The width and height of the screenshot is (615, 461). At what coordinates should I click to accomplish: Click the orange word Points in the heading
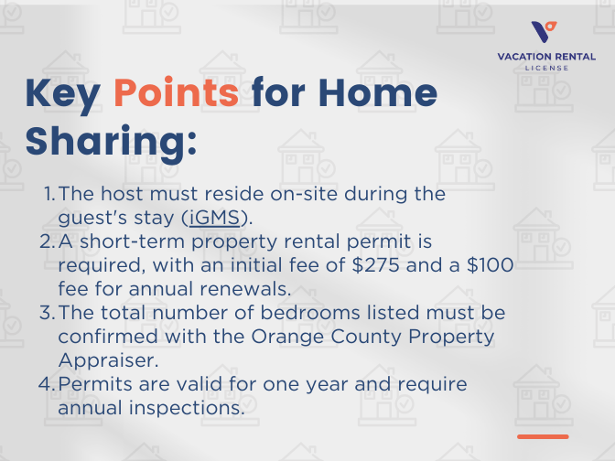point(177,93)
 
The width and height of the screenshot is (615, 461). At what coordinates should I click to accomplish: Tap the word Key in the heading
point(64,93)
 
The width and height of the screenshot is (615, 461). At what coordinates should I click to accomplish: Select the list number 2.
point(48,241)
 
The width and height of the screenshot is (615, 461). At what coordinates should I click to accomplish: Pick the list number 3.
point(48,312)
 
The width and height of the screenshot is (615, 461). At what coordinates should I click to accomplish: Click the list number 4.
point(48,383)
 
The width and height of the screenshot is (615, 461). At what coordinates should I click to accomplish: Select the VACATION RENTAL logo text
point(545,57)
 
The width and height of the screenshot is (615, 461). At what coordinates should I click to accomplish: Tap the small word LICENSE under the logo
point(545,68)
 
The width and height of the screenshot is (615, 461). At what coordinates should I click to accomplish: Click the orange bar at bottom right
point(542,436)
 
